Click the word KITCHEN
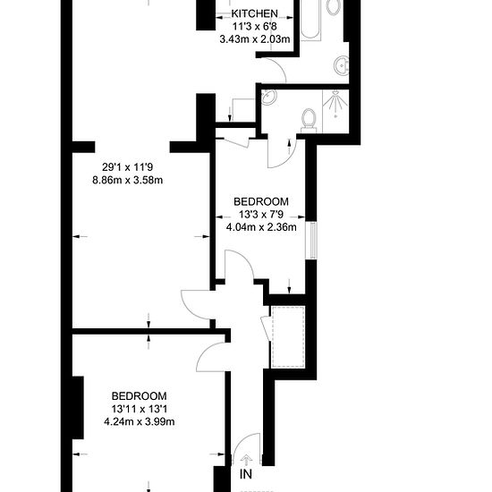coord(254,13)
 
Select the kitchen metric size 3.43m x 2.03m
coord(254,39)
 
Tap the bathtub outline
coord(311,20)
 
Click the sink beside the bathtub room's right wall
coord(342,65)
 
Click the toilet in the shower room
coord(309,121)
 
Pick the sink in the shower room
coord(268,97)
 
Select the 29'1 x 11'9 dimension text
coord(128,167)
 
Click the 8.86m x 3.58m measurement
coord(128,181)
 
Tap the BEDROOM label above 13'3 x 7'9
coord(261,201)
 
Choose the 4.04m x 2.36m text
coord(261,227)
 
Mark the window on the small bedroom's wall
coord(311,241)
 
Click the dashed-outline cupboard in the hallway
coord(288,336)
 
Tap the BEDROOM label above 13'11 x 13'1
coord(139,396)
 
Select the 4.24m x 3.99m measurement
coord(140,421)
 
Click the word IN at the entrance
coord(246,474)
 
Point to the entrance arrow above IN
coord(246,460)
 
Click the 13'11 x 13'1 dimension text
coord(140,409)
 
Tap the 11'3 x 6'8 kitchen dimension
coord(254,27)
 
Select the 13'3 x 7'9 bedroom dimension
coord(261,215)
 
